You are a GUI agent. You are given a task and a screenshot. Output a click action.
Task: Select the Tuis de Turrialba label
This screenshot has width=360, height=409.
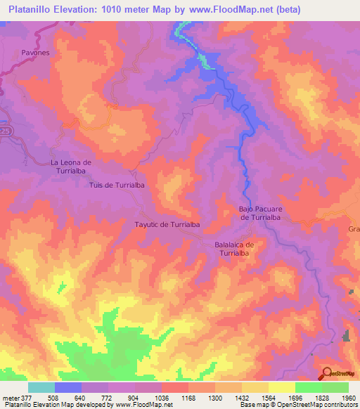[x=117, y=184]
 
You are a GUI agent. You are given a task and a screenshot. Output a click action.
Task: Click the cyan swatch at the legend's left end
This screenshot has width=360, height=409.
[x=41, y=387]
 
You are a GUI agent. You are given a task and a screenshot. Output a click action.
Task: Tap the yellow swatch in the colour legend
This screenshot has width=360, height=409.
[x=281, y=387]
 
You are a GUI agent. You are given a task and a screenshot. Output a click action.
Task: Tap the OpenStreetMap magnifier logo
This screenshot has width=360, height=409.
[x=326, y=373]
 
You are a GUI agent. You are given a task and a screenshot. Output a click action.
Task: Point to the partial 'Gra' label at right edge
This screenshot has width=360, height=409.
[x=353, y=230]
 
